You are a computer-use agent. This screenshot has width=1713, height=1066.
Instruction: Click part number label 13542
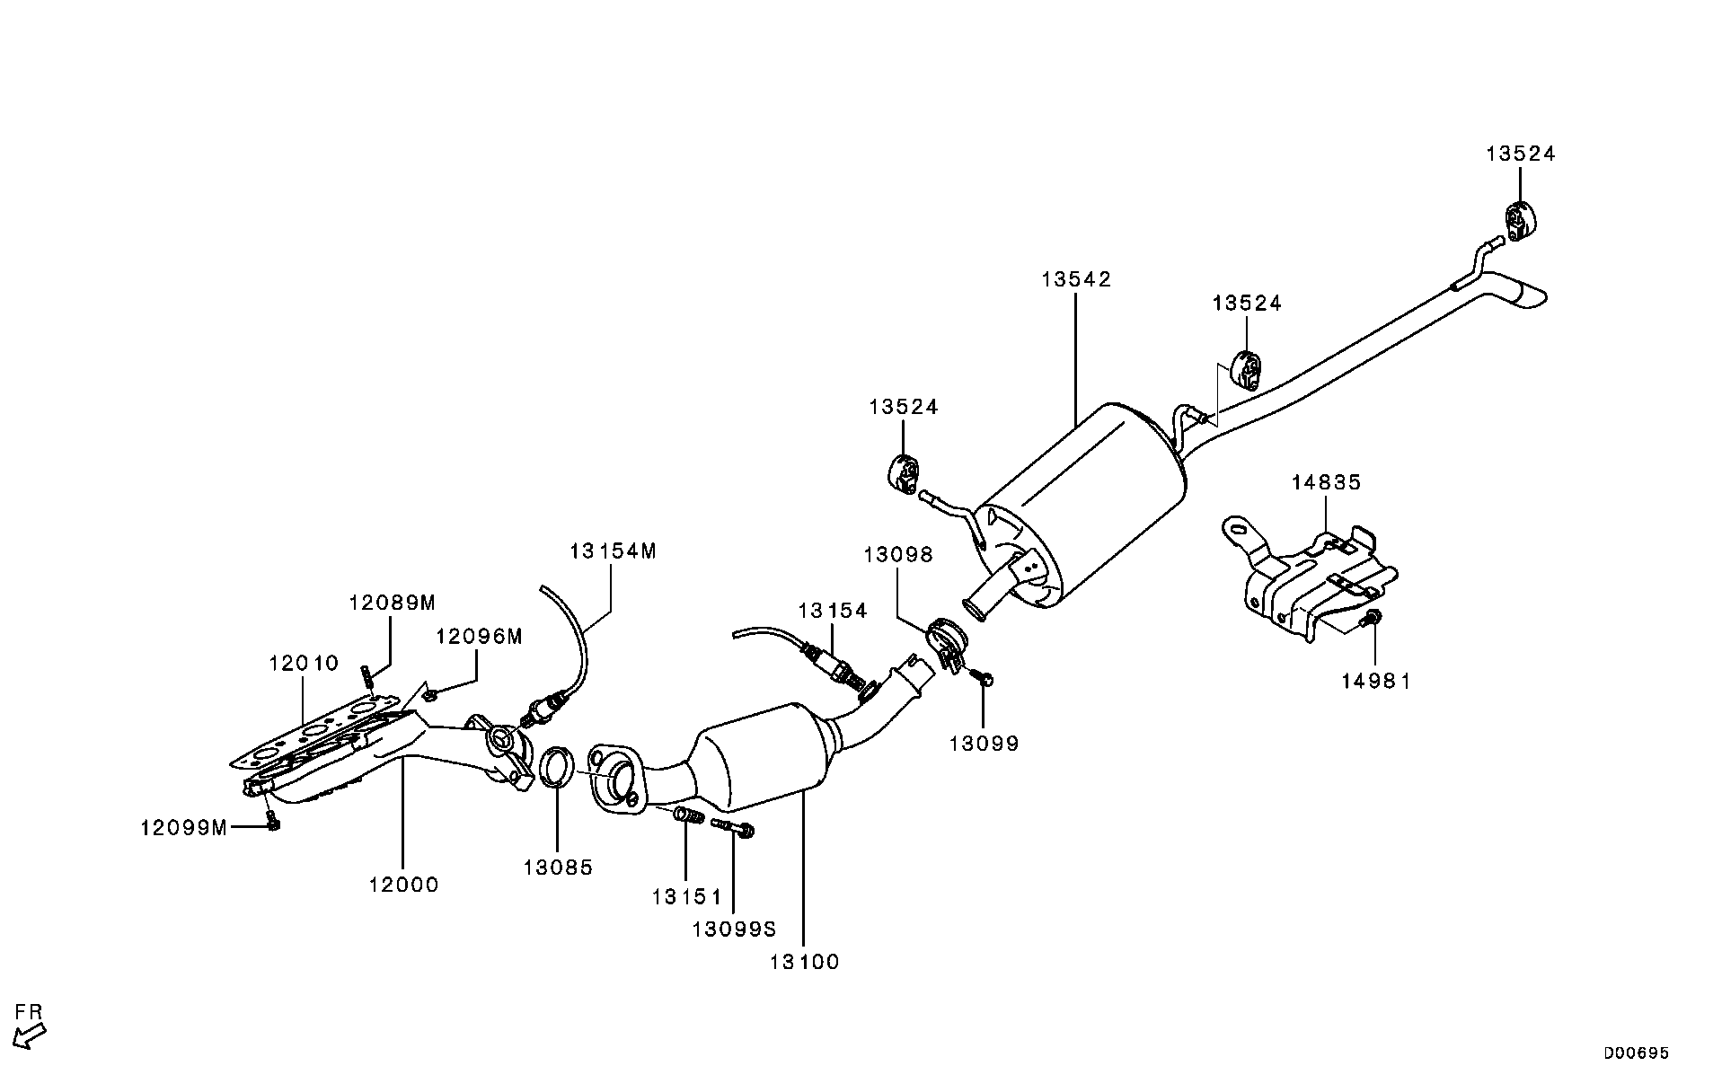coord(1076,280)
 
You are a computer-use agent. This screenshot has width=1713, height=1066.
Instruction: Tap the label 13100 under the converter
coord(804,963)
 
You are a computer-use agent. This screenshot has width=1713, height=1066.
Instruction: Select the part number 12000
coord(403,885)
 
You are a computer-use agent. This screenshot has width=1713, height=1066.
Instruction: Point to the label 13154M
coord(613,551)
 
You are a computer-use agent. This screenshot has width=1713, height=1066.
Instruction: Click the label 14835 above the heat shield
coord(1327,483)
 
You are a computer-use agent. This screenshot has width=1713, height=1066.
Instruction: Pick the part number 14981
coord(1376,682)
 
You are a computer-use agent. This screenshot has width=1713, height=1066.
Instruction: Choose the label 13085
coord(559,868)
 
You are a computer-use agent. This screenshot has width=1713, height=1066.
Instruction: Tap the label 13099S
coord(734,929)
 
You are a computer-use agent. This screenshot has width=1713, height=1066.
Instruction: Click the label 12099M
coord(184,828)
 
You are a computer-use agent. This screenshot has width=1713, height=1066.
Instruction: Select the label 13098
coord(898,556)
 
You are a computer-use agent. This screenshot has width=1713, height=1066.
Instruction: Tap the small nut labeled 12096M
coord(429,693)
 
